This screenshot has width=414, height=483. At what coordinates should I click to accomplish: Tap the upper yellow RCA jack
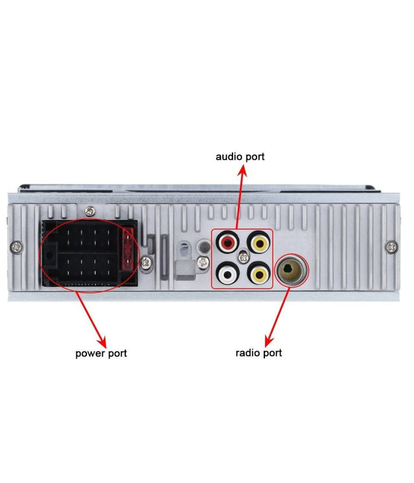260,242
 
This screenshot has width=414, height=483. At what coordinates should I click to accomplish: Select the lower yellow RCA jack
260,273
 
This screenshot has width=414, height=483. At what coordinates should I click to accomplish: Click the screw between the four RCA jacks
244,257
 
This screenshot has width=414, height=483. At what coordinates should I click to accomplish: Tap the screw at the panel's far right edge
391,246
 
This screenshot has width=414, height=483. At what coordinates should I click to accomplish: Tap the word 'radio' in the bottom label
248,353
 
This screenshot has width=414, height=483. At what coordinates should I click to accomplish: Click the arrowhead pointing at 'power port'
103,343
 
